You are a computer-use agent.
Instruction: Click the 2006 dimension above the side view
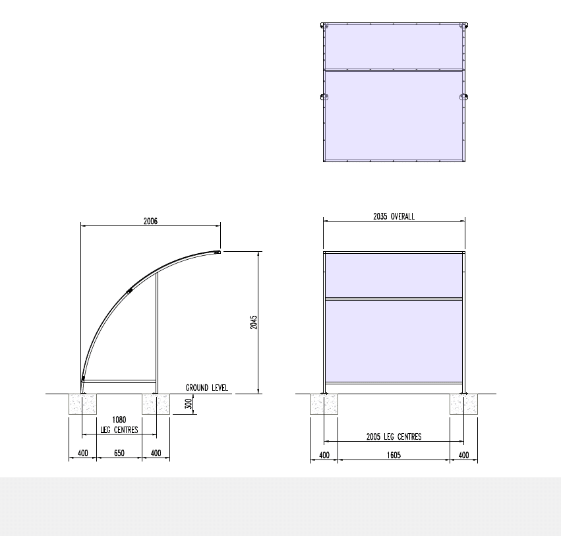[x=150, y=222]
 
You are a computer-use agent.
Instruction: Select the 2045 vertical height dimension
[x=254, y=322]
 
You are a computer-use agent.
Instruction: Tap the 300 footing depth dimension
[x=189, y=403]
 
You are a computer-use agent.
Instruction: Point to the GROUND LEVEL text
[x=207, y=388]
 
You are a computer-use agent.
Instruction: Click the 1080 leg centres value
[x=119, y=419]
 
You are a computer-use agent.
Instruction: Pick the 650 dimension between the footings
[x=119, y=454]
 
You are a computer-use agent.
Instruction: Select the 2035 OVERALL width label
[x=394, y=216]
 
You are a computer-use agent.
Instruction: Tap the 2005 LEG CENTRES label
[x=394, y=436]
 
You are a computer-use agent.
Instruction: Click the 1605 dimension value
[x=394, y=455]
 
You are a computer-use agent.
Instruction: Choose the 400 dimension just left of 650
[x=82, y=454]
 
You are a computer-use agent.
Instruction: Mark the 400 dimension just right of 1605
[x=464, y=455]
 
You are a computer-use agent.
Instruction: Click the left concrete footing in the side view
[x=83, y=404]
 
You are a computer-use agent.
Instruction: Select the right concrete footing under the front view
[x=464, y=404]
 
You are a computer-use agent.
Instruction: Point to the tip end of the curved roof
[x=218, y=251]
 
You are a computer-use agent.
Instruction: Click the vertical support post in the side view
[x=156, y=330]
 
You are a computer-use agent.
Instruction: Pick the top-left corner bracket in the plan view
[x=324, y=26]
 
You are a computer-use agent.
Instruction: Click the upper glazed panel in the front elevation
[x=394, y=276]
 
